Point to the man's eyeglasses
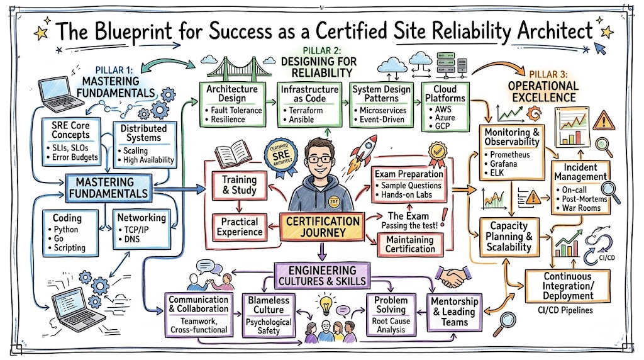coord(321,159)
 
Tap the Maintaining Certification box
coord(410,244)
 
